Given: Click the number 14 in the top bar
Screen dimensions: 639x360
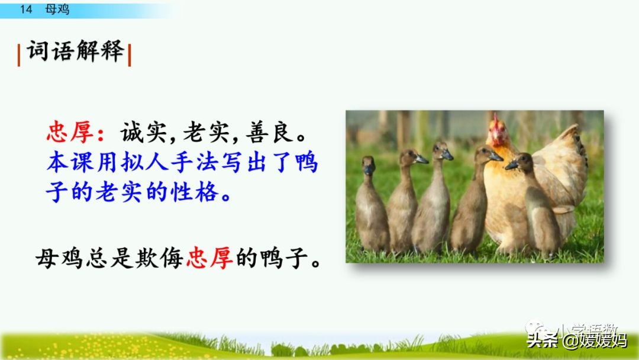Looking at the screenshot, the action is click(25, 9).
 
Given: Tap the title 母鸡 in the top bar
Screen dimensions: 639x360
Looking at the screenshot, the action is click(57, 9).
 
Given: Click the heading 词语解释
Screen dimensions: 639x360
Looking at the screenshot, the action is click(75, 52).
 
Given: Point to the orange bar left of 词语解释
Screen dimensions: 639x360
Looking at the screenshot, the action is click(19, 55).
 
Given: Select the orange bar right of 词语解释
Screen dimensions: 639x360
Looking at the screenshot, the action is click(130, 55).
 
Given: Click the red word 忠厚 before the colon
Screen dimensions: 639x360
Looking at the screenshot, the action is click(70, 132).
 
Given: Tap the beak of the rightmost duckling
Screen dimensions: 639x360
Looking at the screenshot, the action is click(511, 165).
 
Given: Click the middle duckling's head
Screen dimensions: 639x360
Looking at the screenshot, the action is click(442, 151).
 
